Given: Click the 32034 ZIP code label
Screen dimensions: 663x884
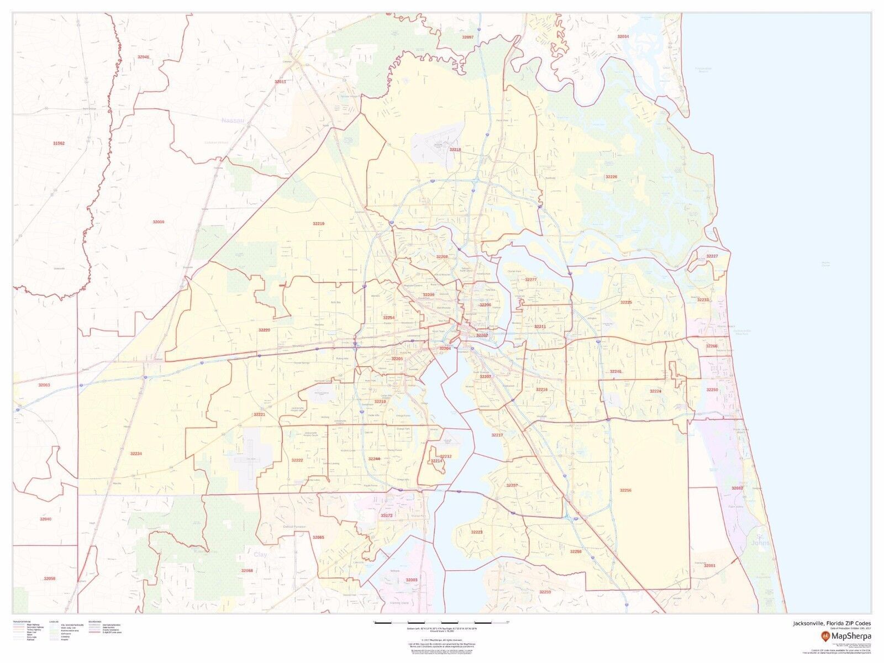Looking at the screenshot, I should (x=623, y=36).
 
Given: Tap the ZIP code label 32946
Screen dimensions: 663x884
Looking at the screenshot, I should (x=143, y=57).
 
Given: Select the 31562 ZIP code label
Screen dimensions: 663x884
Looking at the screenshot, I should (x=59, y=143).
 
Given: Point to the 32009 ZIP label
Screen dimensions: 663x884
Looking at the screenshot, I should (x=159, y=222).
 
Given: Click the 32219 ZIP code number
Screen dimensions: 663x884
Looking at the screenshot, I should (x=318, y=224).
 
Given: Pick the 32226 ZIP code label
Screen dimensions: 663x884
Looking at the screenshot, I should (x=611, y=177).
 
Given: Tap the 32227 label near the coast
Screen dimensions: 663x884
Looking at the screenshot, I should (x=712, y=256).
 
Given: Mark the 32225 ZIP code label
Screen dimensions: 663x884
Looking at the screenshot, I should (x=625, y=302).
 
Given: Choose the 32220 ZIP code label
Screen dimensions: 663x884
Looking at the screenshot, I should (x=264, y=330).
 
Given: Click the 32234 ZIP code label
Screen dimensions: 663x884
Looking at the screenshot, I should (x=136, y=454).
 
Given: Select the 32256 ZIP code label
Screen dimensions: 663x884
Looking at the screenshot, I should (x=625, y=490).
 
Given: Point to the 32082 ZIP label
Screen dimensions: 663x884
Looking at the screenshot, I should (x=737, y=488).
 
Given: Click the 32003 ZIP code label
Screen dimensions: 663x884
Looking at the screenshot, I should (x=412, y=580).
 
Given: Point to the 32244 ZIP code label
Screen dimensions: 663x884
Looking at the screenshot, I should (x=375, y=459).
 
